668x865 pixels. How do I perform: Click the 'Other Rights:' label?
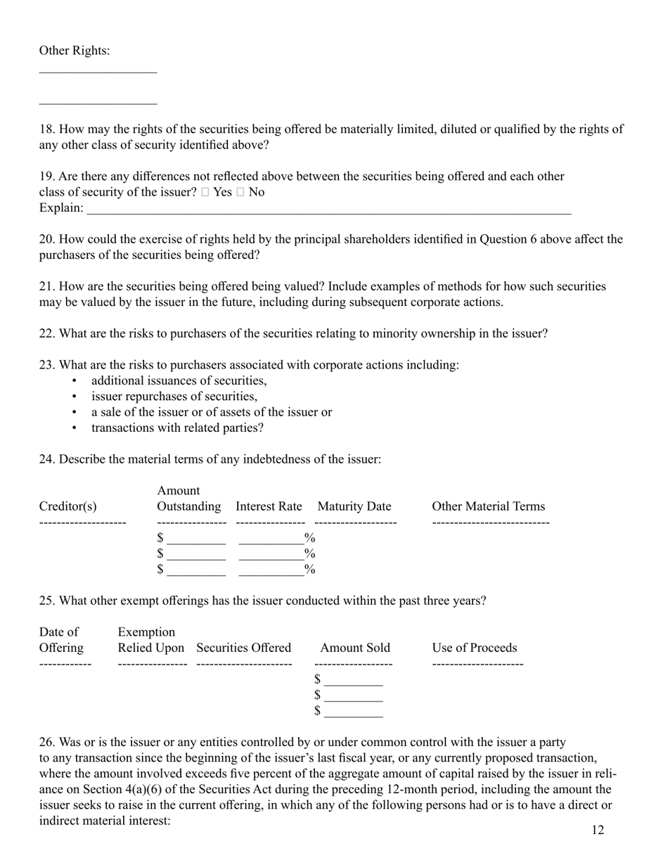74,51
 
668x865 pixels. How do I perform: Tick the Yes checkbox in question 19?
205,193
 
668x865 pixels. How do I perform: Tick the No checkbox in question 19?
240,193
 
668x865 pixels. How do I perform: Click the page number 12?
597,831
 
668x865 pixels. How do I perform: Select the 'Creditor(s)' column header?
68,506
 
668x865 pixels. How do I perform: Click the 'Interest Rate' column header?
269,506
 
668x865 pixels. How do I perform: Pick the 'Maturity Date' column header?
354,506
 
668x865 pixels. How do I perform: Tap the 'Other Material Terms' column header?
488,506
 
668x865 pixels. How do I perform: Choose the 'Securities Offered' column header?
243,648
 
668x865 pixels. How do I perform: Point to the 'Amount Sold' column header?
354,648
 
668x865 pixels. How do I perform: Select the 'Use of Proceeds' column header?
474,648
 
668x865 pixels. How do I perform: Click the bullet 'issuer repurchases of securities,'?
174,397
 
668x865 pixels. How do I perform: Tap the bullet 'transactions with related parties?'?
177,428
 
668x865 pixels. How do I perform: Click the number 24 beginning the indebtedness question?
46,459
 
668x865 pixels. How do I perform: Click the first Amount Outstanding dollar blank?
197,539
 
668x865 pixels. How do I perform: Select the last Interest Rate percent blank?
271,570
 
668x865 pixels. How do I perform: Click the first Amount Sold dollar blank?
354,680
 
